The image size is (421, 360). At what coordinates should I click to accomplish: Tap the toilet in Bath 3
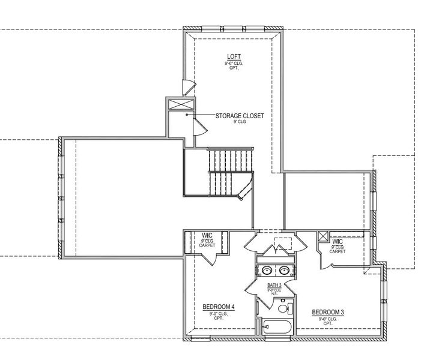pos(288,309)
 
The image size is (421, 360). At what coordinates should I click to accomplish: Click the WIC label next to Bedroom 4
pos(207,235)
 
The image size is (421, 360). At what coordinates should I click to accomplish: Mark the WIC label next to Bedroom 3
pos(337,241)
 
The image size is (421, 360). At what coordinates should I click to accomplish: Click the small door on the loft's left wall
pos(187,86)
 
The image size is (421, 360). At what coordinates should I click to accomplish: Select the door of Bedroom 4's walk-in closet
pos(210,259)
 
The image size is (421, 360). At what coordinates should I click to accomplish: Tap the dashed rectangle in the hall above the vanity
pos(282,243)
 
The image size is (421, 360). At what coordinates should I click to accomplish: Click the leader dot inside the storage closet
pos(187,115)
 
